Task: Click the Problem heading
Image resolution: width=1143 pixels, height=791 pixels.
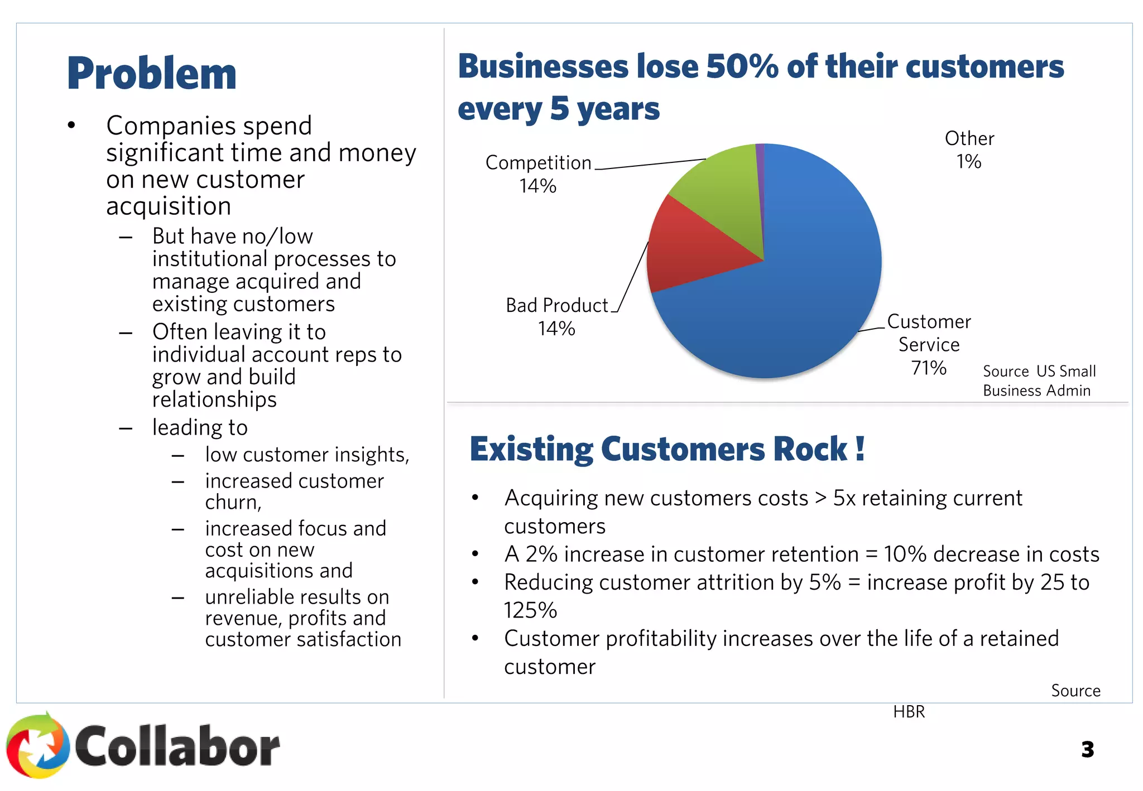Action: [x=151, y=74]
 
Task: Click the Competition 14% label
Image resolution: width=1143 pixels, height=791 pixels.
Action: [x=538, y=174]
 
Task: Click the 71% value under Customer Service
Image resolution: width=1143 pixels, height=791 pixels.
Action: [x=929, y=368]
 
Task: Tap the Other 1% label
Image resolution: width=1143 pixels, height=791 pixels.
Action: [x=969, y=150]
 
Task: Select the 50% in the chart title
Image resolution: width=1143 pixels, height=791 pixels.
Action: [x=742, y=67]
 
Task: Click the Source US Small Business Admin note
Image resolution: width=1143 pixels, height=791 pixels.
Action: [x=1039, y=381]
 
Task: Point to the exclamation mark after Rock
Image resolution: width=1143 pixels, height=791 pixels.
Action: [x=860, y=448]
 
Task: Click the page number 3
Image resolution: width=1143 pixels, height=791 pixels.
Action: [x=1087, y=749]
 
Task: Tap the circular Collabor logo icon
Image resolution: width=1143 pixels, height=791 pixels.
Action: [x=37, y=746]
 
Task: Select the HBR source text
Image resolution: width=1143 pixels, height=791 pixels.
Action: [x=909, y=712]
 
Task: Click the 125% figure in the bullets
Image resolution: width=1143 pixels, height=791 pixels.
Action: [x=530, y=610]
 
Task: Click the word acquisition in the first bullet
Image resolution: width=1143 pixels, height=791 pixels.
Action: [x=169, y=206]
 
